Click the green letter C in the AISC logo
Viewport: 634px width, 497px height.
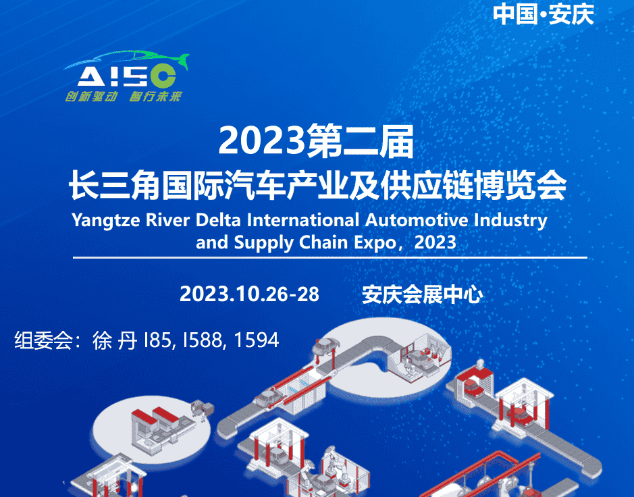tap(163, 76)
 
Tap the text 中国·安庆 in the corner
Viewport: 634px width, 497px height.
tap(543, 15)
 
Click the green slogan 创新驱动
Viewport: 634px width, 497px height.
tap(91, 97)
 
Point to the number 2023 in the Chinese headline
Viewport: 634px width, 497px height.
tap(262, 140)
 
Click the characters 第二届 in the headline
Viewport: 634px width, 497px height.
tap(361, 141)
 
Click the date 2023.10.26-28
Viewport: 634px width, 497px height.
tap(249, 294)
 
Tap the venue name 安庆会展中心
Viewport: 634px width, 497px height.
tap(422, 294)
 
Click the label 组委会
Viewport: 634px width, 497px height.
tap(44, 340)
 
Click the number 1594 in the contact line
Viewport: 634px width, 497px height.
tap(257, 340)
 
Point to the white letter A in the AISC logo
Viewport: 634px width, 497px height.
tap(91, 76)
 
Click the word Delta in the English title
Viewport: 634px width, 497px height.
tap(218, 220)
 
